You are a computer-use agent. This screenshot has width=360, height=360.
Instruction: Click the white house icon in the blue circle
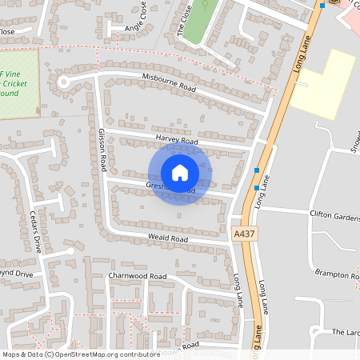pos(180,173)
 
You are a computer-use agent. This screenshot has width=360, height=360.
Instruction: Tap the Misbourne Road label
pos(170,82)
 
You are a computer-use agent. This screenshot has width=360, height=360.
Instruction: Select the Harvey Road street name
pos(177,141)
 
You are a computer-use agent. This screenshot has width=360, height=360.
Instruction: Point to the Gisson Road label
pos(102,150)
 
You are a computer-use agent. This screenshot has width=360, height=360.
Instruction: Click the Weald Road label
pos(167,238)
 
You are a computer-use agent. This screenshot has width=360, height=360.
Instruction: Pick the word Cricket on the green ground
pos(14,82)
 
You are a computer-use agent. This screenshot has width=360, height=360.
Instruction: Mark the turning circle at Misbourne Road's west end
pos(63,81)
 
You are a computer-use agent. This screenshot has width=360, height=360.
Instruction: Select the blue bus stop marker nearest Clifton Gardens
pos(256,187)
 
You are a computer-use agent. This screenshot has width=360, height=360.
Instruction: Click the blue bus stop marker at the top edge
pos(322,5)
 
